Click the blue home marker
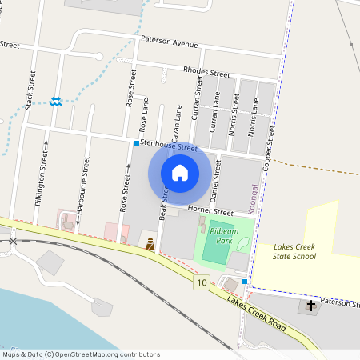[x=180, y=173]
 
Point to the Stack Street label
[x=32, y=90]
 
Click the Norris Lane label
[x=252, y=117]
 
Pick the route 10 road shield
[x=200, y=282]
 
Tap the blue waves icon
[x=56, y=101]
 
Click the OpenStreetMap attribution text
[x=80, y=354]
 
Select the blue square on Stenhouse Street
[x=137, y=143]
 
